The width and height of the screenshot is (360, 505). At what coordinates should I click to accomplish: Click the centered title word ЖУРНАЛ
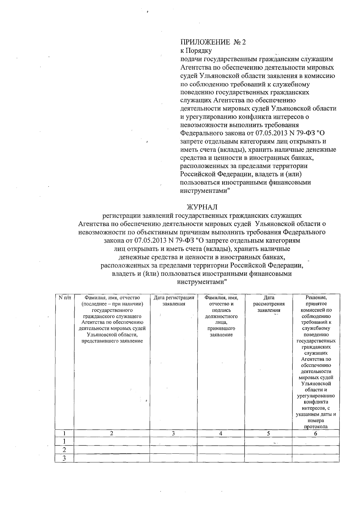202,207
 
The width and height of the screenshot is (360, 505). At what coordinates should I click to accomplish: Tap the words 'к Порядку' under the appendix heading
196,50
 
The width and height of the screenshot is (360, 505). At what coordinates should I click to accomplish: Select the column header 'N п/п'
64,298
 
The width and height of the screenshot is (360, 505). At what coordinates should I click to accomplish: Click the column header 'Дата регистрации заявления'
173,301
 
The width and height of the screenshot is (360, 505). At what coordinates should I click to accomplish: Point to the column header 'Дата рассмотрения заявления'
268,304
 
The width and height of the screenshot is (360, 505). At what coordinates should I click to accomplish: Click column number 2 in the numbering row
112,433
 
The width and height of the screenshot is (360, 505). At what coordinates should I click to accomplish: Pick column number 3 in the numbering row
173,433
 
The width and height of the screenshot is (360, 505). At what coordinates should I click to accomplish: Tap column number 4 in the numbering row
221,433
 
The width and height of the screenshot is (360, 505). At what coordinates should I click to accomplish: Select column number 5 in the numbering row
268,433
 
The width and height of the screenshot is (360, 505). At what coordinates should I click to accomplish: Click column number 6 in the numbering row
316,433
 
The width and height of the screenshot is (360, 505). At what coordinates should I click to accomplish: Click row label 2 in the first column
64,450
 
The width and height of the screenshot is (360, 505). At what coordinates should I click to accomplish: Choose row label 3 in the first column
64,458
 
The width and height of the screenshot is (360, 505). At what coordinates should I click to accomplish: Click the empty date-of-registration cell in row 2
173,450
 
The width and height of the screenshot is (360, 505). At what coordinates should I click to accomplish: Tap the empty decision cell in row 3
316,458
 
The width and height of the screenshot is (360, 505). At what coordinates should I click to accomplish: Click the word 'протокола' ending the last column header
316,427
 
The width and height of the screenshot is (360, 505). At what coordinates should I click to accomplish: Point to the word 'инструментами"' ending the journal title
202,282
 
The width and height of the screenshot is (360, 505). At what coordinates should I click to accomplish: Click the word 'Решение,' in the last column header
316,298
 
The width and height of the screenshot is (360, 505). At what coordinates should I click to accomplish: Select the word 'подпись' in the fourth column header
221,310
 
